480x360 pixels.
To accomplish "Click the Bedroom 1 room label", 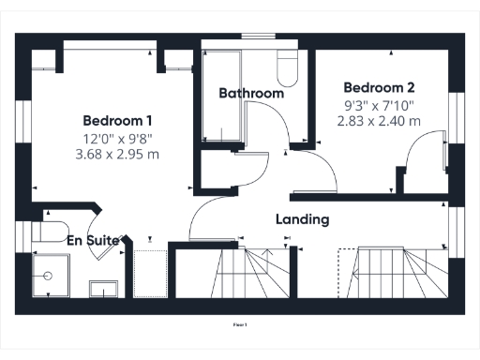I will tap(117, 121).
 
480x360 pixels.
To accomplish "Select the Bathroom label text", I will tap(251, 94).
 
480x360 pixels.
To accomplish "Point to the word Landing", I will tap(302, 219).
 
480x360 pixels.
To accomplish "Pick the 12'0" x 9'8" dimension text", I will tap(117, 138).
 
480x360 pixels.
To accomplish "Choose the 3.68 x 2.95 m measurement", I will tap(117, 154).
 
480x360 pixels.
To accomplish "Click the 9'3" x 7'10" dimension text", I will tap(378, 104).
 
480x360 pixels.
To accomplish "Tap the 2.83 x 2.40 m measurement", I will tap(378, 120).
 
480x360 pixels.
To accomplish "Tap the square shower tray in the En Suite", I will tap(48, 275).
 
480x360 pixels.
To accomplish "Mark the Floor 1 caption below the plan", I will tap(240, 324).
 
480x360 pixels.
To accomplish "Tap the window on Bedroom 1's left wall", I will tap(22, 127).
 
